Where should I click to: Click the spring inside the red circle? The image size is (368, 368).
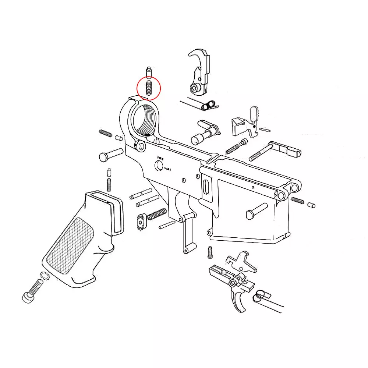pos(149,88)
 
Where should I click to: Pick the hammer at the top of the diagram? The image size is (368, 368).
pos(201,74)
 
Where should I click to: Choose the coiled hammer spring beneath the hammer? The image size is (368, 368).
pos(208,105)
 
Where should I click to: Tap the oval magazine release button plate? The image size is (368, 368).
pos(141,222)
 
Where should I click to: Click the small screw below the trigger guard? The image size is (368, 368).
pos(210,252)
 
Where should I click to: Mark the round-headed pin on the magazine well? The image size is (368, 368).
pos(256,210)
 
